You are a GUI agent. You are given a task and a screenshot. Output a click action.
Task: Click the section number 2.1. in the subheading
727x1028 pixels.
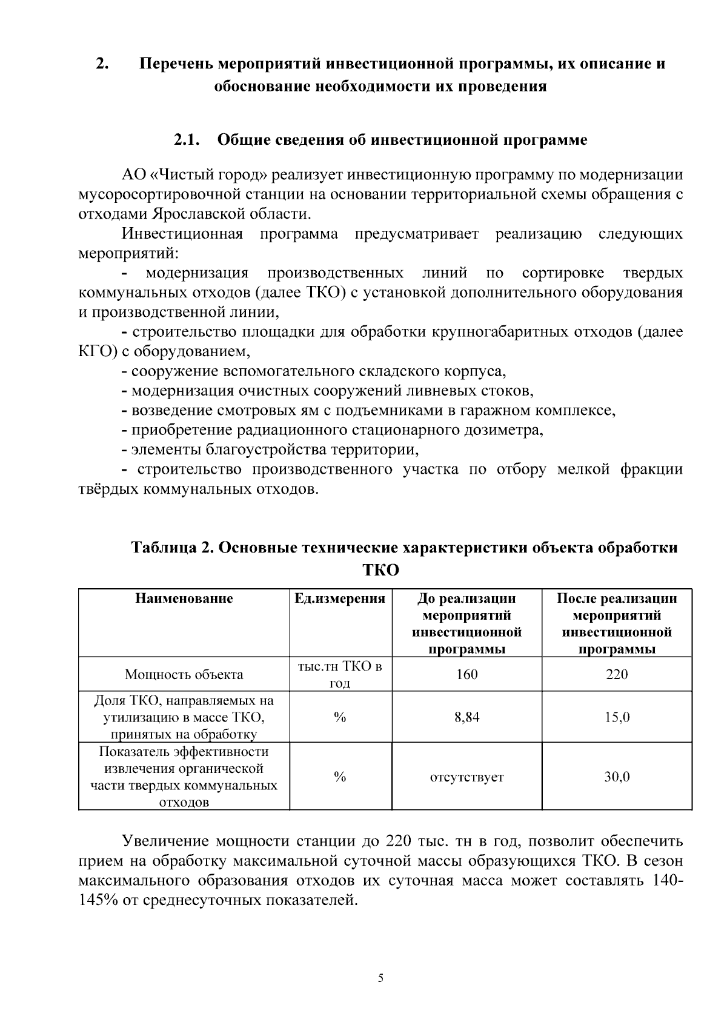pyautogui.click(x=187, y=140)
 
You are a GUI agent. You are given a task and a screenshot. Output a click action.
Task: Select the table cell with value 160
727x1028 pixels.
pyautogui.click(x=466, y=674)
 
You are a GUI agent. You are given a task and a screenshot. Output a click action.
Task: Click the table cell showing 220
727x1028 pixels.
pyautogui.click(x=617, y=674)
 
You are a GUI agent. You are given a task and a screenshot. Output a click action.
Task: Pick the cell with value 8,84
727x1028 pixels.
pyautogui.click(x=466, y=717)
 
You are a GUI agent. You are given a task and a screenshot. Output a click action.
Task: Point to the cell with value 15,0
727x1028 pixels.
pyautogui.click(x=617, y=717)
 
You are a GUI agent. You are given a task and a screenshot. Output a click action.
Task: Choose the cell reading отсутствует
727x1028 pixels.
pyautogui.click(x=466, y=777)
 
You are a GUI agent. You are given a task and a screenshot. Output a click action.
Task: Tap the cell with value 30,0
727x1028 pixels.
pyautogui.click(x=617, y=777)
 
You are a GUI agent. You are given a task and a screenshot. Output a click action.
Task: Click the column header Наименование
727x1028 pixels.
pyautogui.click(x=184, y=599)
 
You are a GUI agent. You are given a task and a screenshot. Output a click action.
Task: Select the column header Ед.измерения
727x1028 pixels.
pyautogui.click(x=340, y=599)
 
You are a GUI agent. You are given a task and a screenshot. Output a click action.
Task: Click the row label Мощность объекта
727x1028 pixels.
pyautogui.click(x=184, y=674)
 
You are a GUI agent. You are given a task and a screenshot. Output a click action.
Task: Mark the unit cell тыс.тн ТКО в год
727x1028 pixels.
pyautogui.click(x=340, y=674)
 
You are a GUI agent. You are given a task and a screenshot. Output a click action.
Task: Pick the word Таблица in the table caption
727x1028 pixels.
pyautogui.click(x=162, y=548)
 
